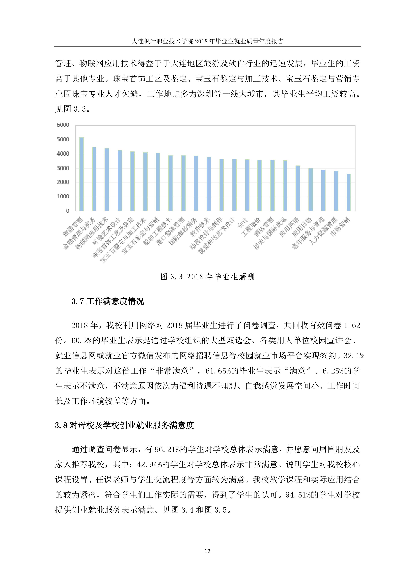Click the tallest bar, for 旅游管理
coord(82,174)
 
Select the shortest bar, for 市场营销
coord(349,192)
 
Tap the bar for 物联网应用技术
coord(107,180)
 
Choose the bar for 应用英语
coord(298,188)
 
